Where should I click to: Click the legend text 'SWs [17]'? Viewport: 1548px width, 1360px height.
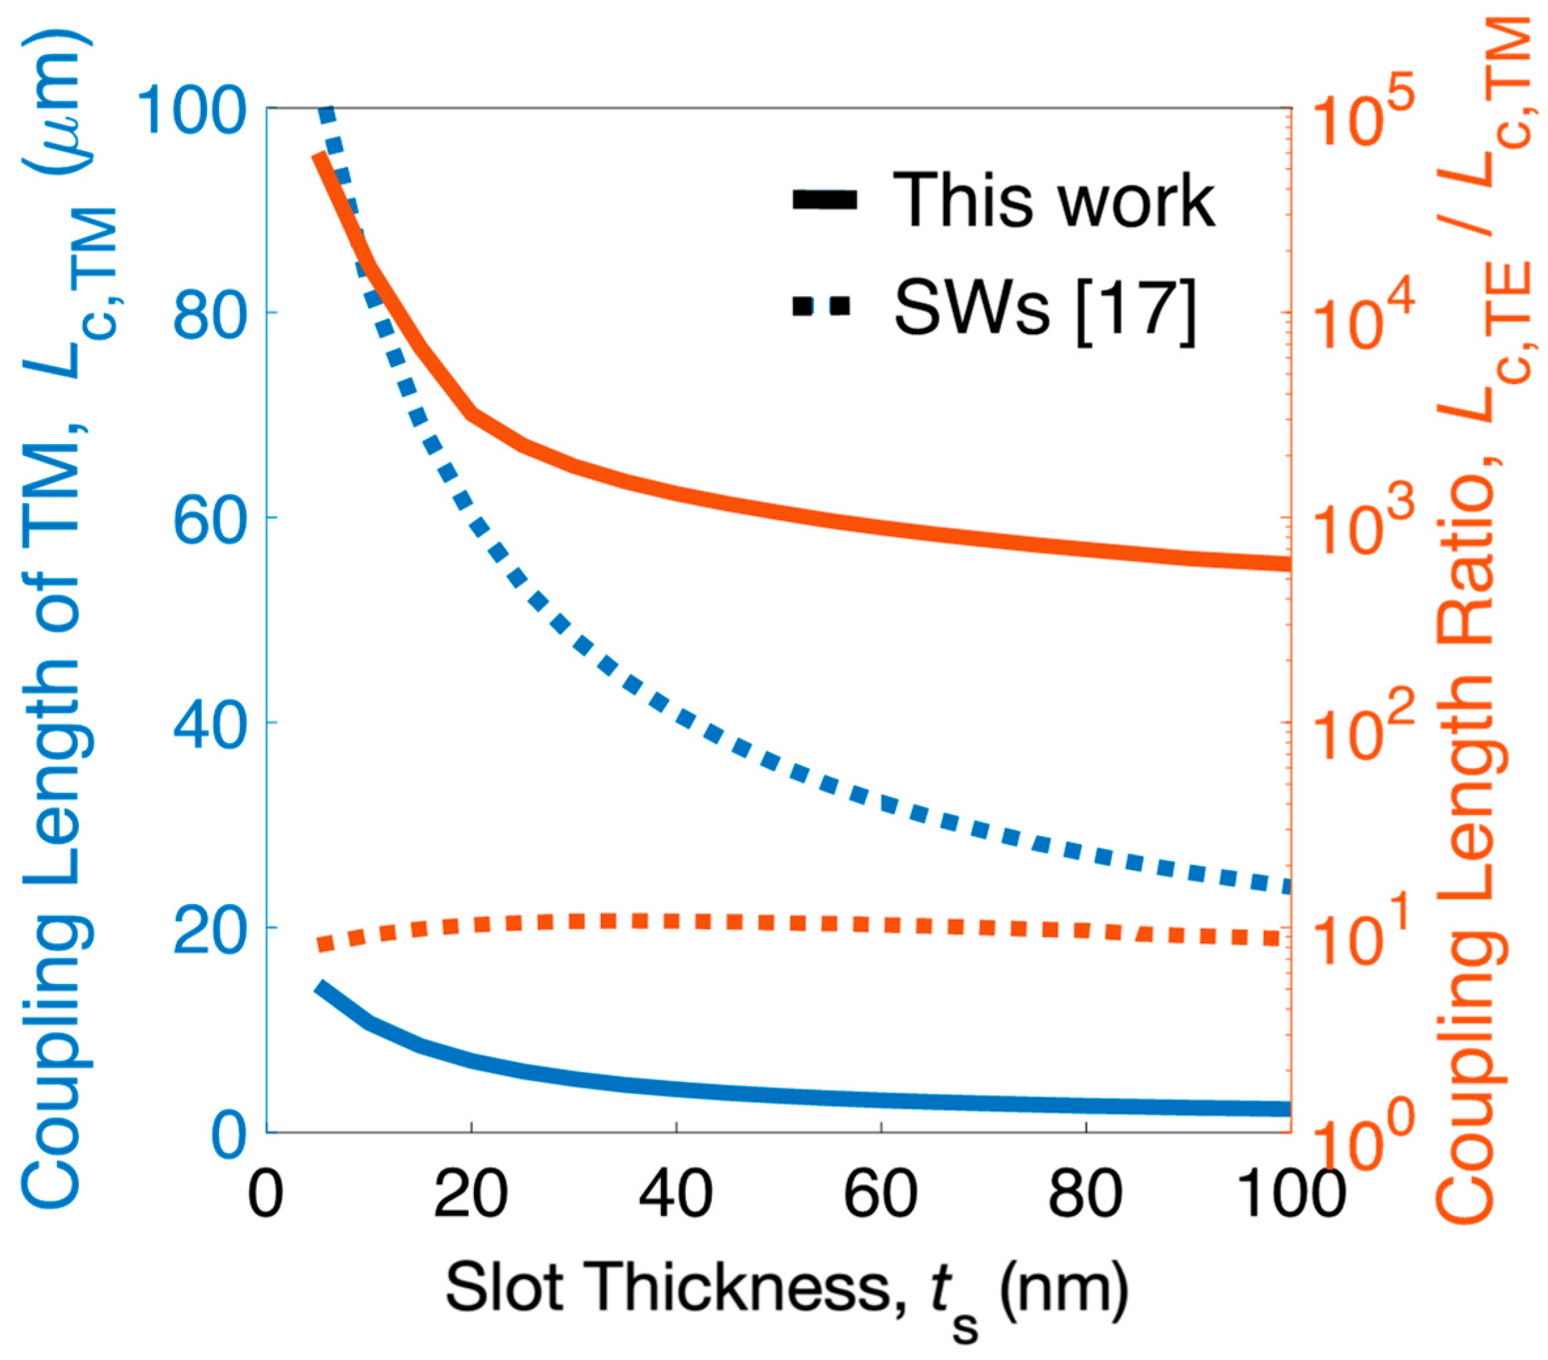click(x=1045, y=307)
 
